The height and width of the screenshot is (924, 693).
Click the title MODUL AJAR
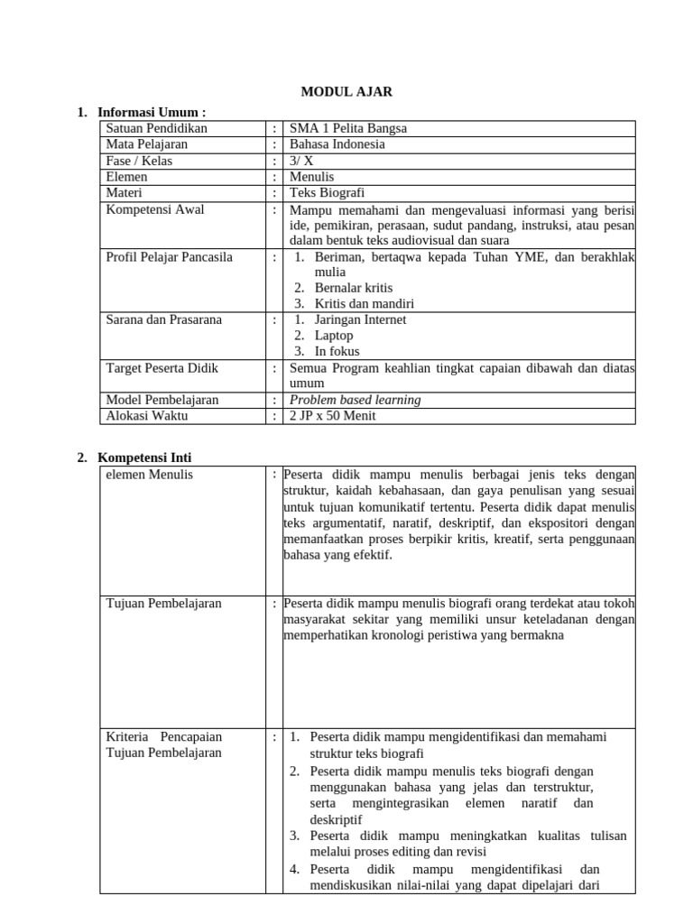click(347, 91)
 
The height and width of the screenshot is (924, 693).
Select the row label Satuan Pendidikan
click(157, 128)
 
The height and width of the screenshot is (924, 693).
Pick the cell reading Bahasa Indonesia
click(337, 144)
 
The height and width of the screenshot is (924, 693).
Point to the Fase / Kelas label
click(139, 161)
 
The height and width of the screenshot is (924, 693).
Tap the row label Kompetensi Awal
click(155, 209)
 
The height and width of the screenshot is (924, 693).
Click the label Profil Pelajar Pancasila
click(170, 257)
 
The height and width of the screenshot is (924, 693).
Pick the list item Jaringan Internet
click(360, 319)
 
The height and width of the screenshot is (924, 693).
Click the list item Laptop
click(334, 336)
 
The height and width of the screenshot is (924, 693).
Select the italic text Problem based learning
click(356, 400)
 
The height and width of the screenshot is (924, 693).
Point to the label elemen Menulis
click(150, 475)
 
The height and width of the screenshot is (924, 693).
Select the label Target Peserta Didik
click(162, 368)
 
